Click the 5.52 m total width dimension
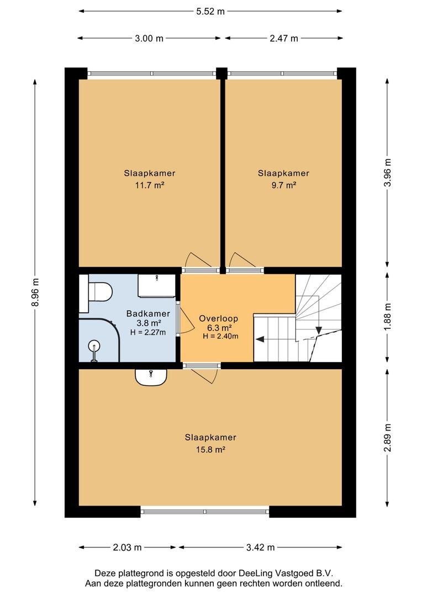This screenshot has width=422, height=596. [210, 12]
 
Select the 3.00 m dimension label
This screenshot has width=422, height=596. [149, 38]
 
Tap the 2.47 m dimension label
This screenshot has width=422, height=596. [284, 38]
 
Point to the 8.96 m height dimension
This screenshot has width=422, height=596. [35, 292]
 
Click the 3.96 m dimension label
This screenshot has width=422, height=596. [387, 172]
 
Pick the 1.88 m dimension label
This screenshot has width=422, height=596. [387, 317]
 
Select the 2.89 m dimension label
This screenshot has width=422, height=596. [387, 438]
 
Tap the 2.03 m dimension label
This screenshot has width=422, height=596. [127, 547]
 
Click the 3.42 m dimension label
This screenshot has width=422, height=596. [260, 547]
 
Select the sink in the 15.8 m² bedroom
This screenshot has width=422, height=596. [151, 377]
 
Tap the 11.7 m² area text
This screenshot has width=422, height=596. [150, 185]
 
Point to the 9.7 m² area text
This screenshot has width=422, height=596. [283, 185]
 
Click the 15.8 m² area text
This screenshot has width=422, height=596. [210, 450]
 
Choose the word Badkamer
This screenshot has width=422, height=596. [148, 313]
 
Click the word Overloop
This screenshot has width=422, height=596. [218, 318]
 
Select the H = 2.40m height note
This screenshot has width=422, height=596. [221, 336]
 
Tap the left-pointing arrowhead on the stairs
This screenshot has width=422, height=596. [260, 339]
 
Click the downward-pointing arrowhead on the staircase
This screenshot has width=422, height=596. [318, 331]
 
